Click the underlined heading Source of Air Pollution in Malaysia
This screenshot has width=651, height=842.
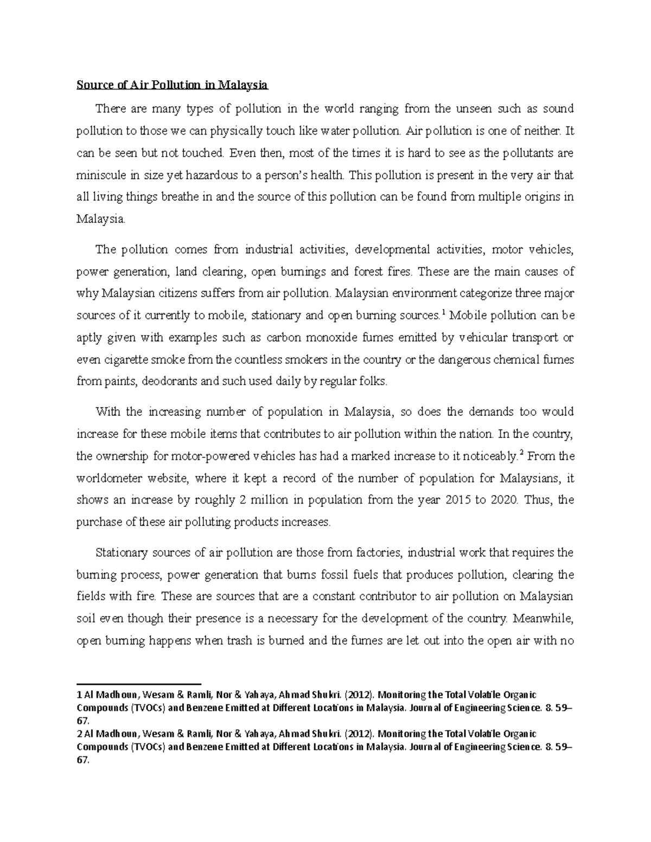point(173,85)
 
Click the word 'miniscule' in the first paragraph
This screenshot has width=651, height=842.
point(98,175)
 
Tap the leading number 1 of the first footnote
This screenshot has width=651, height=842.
point(80,695)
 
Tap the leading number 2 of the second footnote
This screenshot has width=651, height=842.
point(80,734)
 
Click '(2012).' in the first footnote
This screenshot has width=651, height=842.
point(359,695)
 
